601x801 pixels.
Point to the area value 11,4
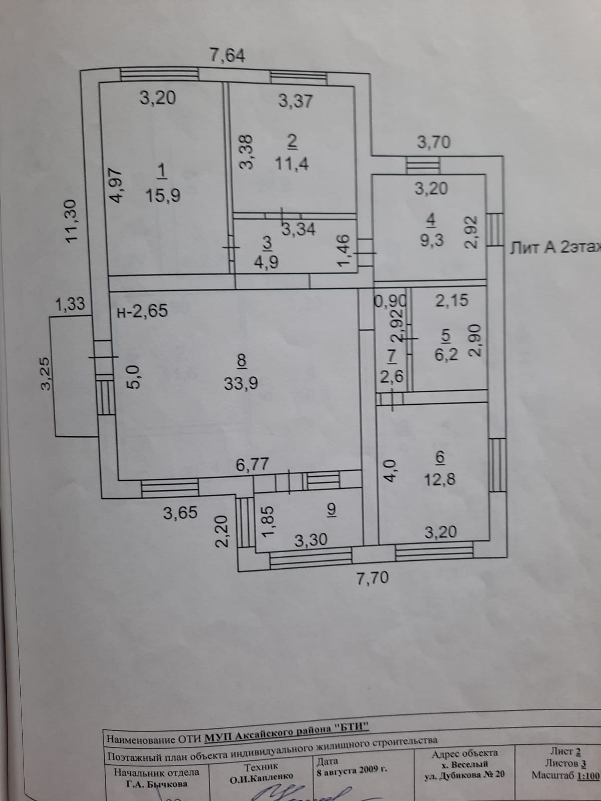click(x=292, y=163)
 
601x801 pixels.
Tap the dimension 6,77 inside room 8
click(x=252, y=465)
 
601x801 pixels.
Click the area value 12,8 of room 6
click(x=440, y=480)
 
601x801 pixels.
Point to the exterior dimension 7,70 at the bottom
click(x=372, y=578)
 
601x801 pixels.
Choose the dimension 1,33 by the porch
click(x=70, y=304)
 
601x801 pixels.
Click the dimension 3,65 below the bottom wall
click(x=180, y=513)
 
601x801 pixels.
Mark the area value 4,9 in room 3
click(x=267, y=262)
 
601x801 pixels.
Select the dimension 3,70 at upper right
click(x=434, y=143)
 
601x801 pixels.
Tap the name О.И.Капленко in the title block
click(x=261, y=777)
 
